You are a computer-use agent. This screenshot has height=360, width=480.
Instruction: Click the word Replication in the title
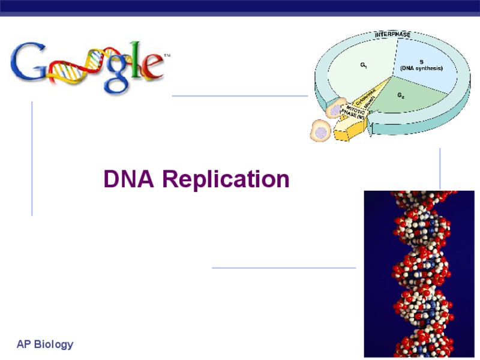coord(226,179)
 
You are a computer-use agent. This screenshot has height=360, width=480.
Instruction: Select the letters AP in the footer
coord(23,344)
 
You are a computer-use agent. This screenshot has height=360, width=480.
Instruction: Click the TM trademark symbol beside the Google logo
coord(167,55)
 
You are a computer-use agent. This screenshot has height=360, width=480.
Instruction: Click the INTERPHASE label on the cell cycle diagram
coord(393,35)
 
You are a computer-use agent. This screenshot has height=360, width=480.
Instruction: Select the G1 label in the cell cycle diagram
coord(364,64)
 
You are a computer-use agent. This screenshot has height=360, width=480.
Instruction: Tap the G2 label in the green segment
coord(400,95)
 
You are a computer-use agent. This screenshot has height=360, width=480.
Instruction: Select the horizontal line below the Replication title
coord(284,268)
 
